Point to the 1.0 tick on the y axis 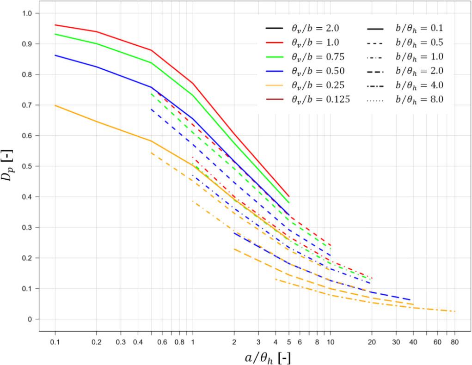pyautogui.click(x=28, y=13)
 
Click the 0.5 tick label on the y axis pyautogui.click(x=28, y=166)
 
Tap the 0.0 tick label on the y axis pyautogui.click(x=28, y=319)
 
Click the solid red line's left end pyautogui.click(x=55, y=25)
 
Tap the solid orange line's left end pyautogui.click(x=55, y=105)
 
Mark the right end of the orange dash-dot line pyautogui.click(x=455, y=311)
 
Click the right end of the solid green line pyautogui.click(x=289, y=203)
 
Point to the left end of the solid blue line pyautogui.click(x=55, y=55)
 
